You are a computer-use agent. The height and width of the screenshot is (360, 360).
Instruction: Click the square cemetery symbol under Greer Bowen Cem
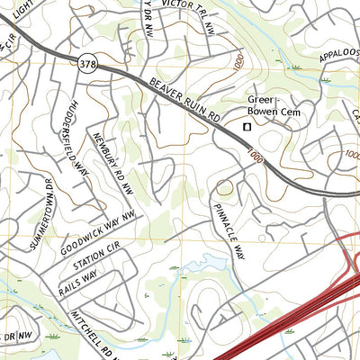coord(247,127)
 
